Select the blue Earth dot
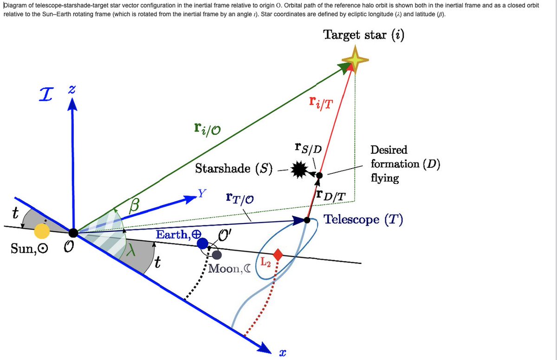point(202,243)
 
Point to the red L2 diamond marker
point(278,255)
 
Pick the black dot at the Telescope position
point(307,219)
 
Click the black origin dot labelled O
point(73,233)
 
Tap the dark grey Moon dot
point(217,255)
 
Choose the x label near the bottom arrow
point(281,353)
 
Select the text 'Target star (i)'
point(363,35)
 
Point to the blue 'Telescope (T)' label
point(363,219)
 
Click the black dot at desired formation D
point(319,175)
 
